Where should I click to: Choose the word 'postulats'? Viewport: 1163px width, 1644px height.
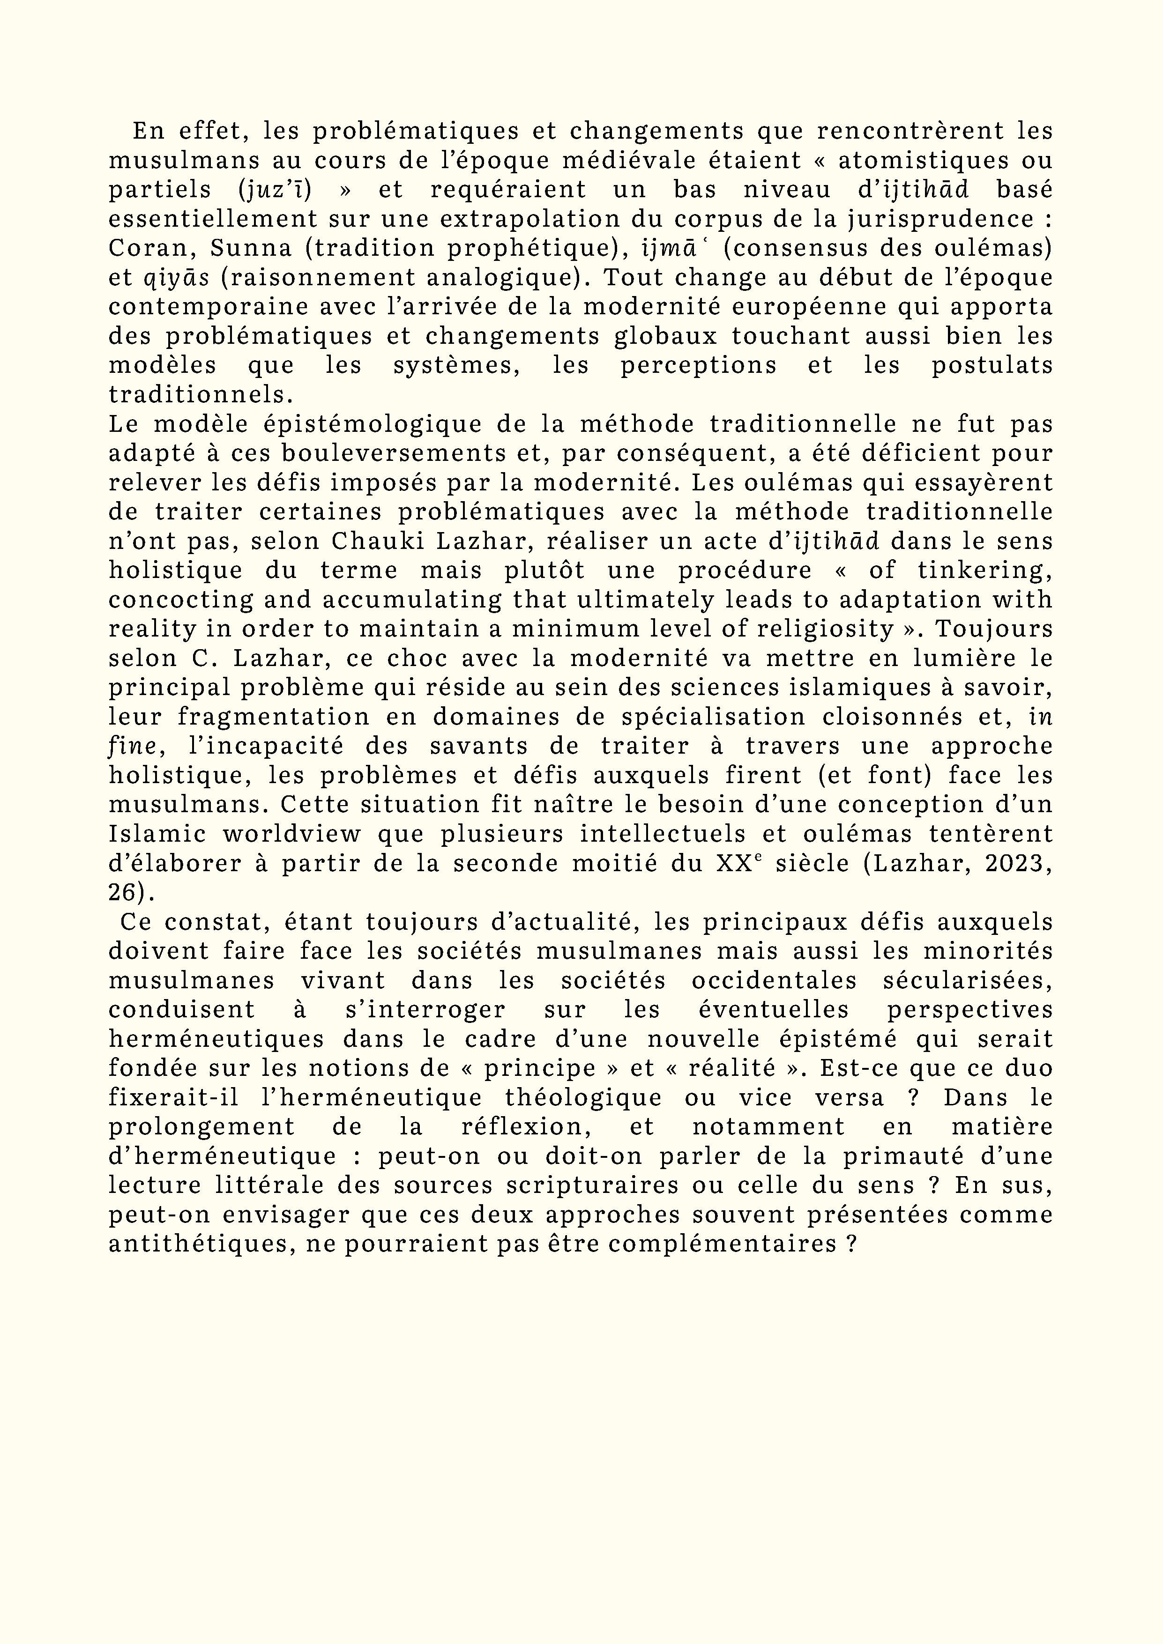pyautogui.click(x=992, y=365)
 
